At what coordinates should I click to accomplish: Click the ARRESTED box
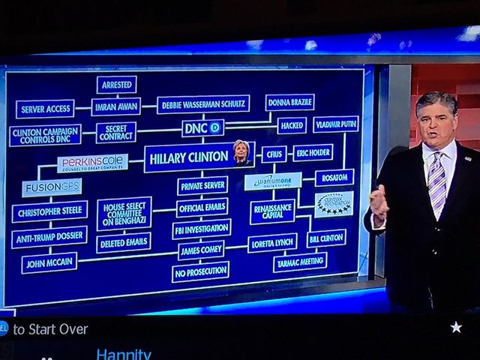click(116, 84)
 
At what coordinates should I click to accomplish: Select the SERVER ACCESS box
click(45, 109)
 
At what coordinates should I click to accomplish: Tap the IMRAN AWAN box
click(115, 106)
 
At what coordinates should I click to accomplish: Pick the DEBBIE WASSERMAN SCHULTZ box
click(203, 104)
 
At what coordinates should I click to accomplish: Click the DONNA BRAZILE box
click(289, 101)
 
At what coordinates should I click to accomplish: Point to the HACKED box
click(292, 125)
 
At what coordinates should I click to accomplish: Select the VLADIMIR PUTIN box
click(335, 124)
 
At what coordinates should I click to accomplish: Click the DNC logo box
click(202, 128)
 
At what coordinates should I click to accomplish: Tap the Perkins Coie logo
click(92, 163)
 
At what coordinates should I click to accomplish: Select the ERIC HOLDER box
click(313, 152)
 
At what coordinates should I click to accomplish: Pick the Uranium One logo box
click(273, 181)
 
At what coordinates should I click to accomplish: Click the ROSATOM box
click(334, 178)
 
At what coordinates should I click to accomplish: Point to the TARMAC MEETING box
click(299, 262)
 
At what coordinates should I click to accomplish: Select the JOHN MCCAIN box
click(49, 262)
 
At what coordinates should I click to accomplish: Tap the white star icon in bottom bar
click(456, 327)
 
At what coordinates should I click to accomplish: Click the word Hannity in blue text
click(124, 353)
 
